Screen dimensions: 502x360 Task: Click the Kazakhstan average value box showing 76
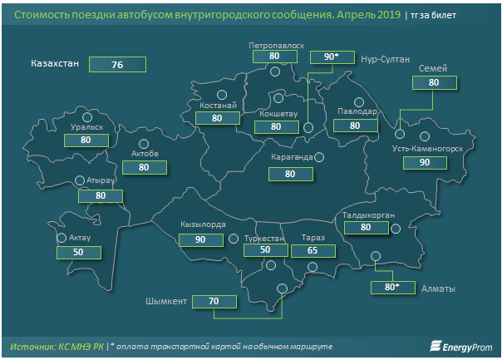coord(117,65)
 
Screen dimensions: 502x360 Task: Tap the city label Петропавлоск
coord(276,46)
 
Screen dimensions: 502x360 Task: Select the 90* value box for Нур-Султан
coord(332,57)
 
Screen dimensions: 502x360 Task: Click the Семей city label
coord(433,68)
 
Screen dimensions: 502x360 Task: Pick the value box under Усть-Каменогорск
coord(425,163)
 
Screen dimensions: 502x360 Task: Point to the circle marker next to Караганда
coord(319,157)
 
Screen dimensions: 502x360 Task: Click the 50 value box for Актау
coord(79,253)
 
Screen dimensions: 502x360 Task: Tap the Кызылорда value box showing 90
coord(201,240)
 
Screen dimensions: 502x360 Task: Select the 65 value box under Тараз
coord(313,251)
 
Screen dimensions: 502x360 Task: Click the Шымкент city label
coord(166,302)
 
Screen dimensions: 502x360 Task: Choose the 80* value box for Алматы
coord(393,288)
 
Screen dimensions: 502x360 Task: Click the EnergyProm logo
coord(461,347)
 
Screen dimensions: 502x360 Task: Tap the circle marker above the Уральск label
coord(87,117)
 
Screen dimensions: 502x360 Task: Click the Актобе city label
coord(145,154)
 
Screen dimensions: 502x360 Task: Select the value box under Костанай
coord(218,118)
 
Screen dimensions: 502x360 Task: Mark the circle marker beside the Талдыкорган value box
coord(396,229)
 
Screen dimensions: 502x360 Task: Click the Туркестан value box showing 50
coord(266,250)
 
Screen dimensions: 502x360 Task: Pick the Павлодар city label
coord(357,111)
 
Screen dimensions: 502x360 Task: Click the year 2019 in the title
coord(389,15)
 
